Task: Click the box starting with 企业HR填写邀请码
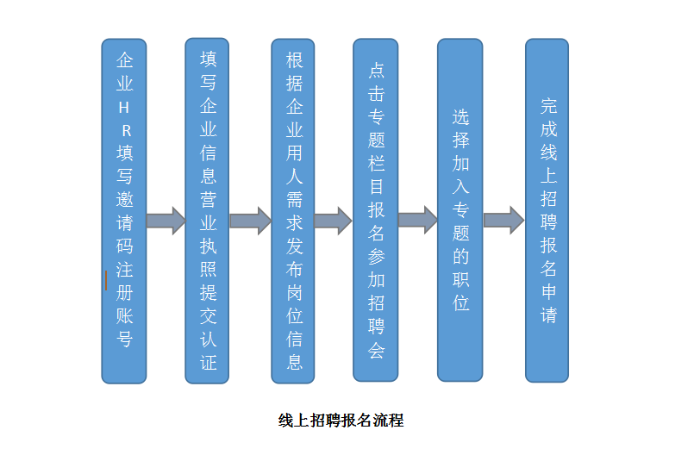(x=124, y=211)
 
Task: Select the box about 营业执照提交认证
(x=207, y=211)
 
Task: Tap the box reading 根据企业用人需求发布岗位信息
(x=293, y=211)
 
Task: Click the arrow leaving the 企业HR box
(x=166, y=221)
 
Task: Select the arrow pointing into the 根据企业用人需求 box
(x=250, y=221)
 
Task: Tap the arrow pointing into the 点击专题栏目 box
(x=333, y=221)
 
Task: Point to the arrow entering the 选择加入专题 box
(x=417, y=220)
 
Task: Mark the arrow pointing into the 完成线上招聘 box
(x=503, y=220)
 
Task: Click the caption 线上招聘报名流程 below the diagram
(x=341, y=421)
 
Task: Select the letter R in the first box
(x=125, y=131)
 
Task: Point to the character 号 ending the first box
(x=125, y=338)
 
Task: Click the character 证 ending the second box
(x=208, y=361)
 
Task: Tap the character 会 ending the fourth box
(x=376, y=350)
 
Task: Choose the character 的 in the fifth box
(x=461, y=256)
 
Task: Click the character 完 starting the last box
(x=548, y=106)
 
